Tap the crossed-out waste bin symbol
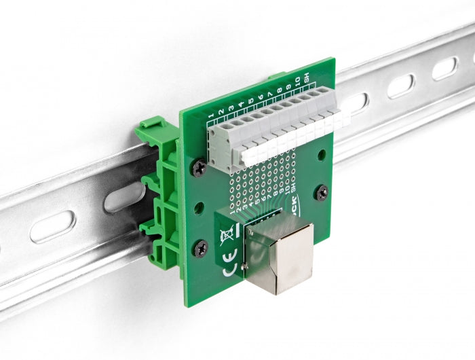227,236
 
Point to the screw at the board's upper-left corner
199,166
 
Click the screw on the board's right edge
322,192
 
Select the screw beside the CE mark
202,249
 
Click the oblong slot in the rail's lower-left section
52,227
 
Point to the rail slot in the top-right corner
444,68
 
